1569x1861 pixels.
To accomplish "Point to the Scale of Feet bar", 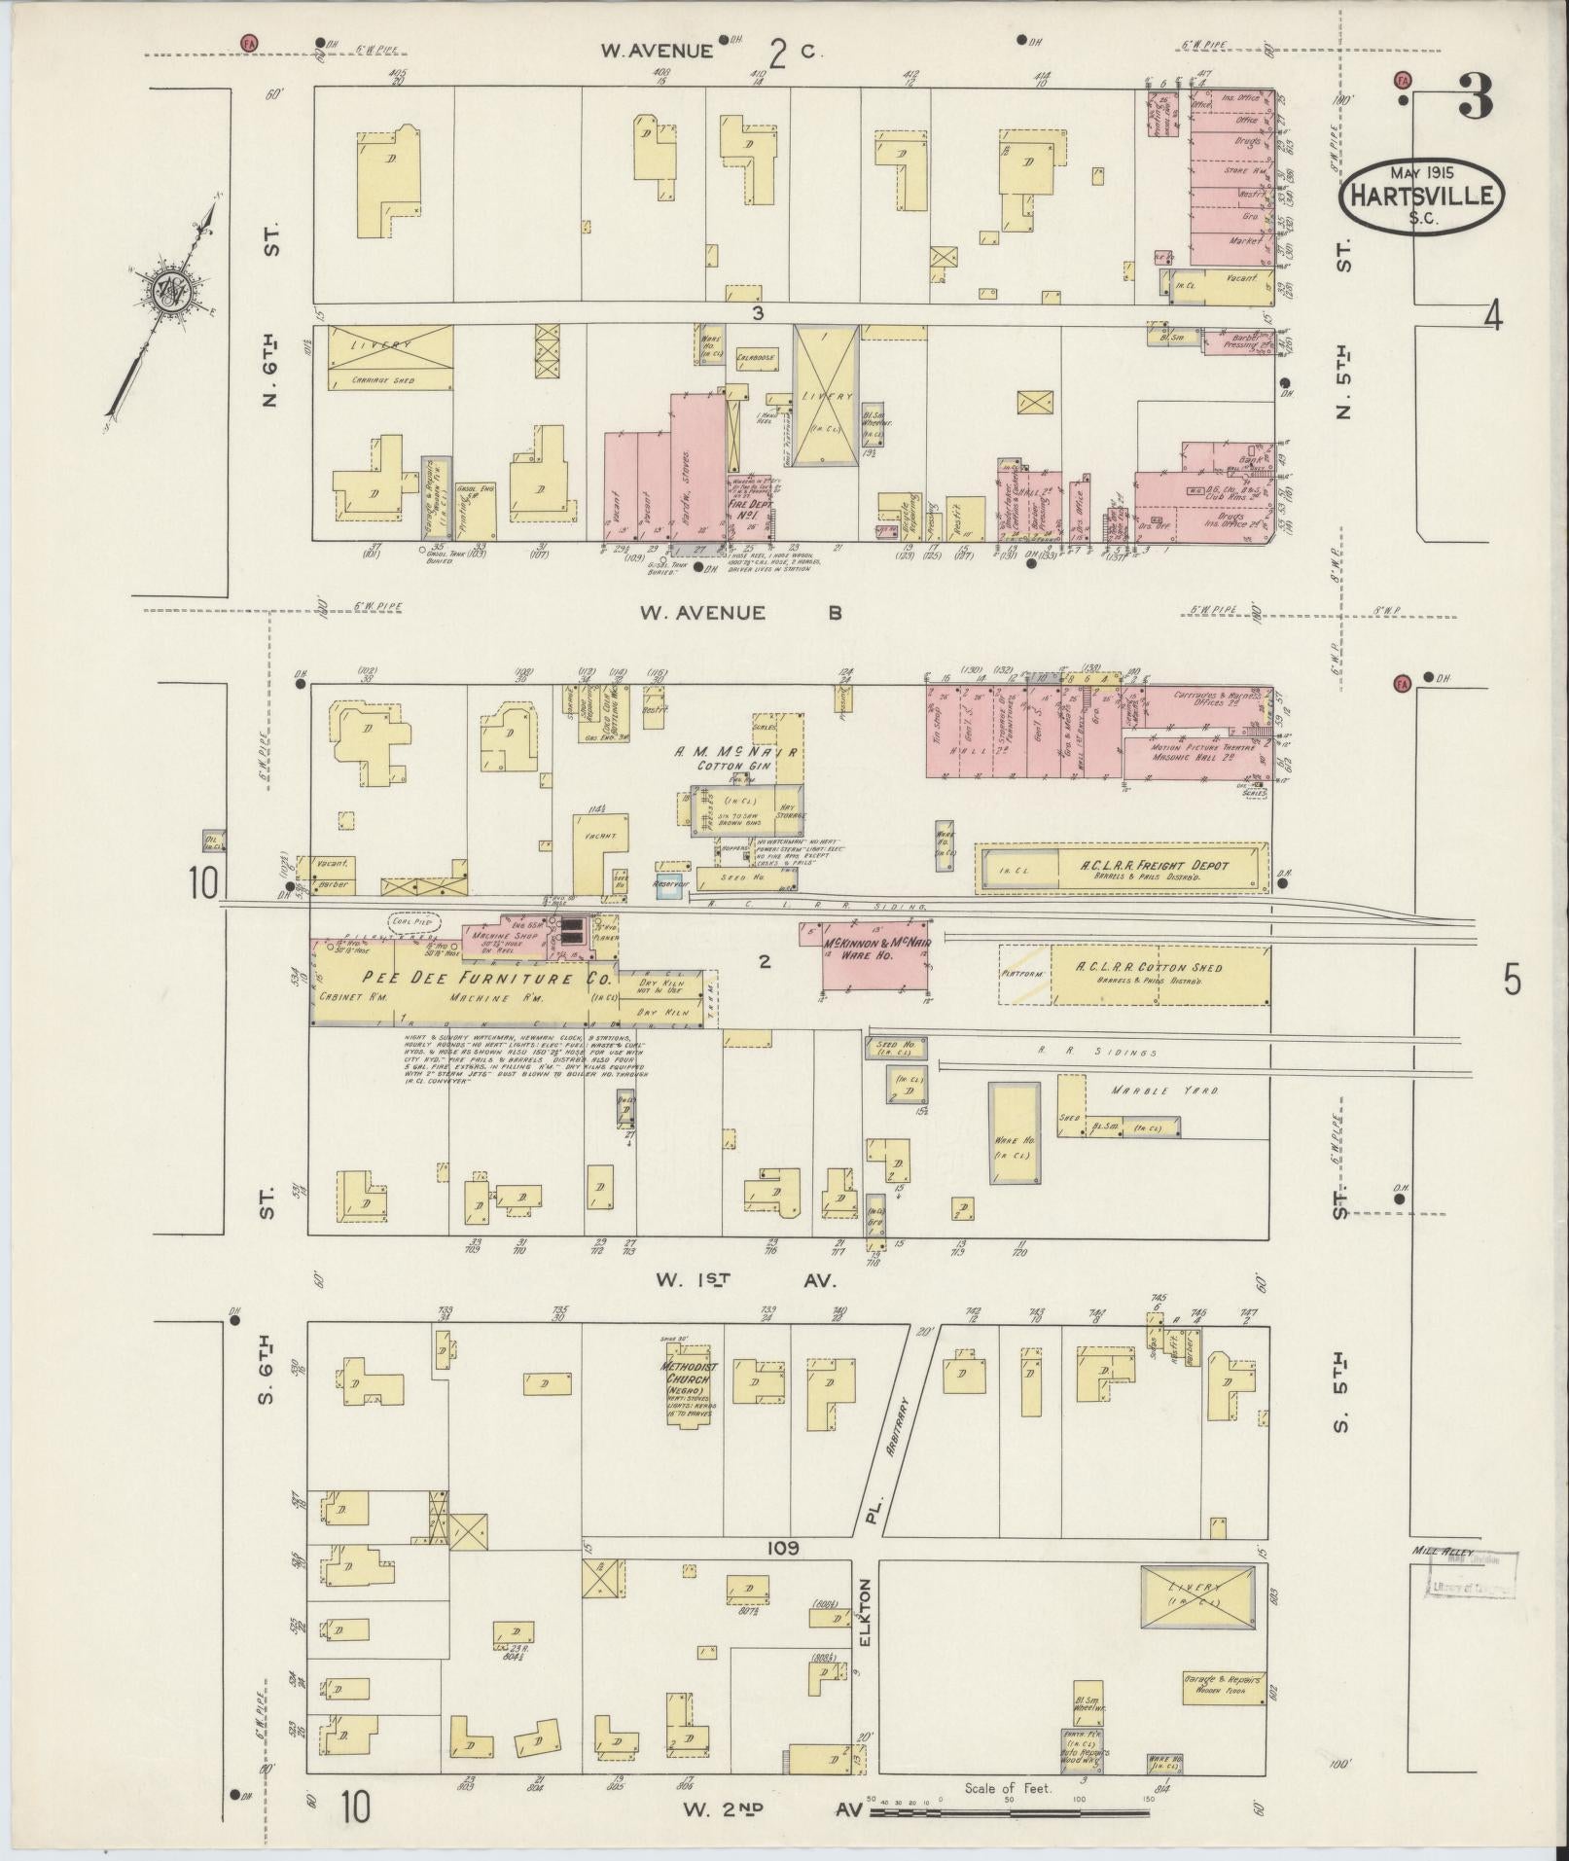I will (1012, 1812).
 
